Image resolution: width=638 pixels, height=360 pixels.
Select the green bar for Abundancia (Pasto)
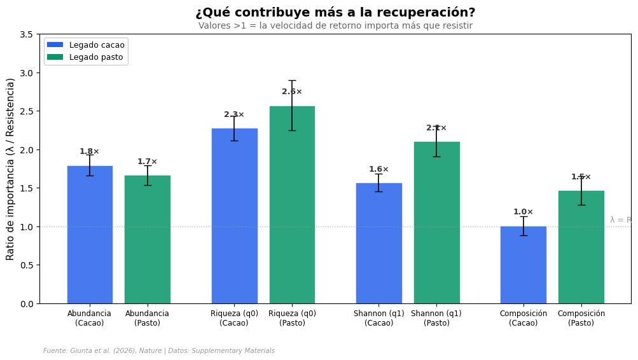(148, 239)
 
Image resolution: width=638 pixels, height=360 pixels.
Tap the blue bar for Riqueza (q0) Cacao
(235, 216)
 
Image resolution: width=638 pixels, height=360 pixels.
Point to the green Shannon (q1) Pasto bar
(436, 223)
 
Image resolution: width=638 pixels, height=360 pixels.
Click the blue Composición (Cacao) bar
(524, 265)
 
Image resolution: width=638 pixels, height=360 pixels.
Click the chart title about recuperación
(335, 13)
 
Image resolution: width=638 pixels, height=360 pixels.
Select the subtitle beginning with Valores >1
(335, 26)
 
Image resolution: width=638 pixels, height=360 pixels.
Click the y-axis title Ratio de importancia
(11, 169)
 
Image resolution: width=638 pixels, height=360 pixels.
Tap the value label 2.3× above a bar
(234, 115)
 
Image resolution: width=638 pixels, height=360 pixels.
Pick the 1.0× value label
(524, 212)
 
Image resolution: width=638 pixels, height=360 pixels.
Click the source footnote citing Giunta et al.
(159, 351)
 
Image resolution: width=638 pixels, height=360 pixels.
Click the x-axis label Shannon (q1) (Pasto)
(436, 318)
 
